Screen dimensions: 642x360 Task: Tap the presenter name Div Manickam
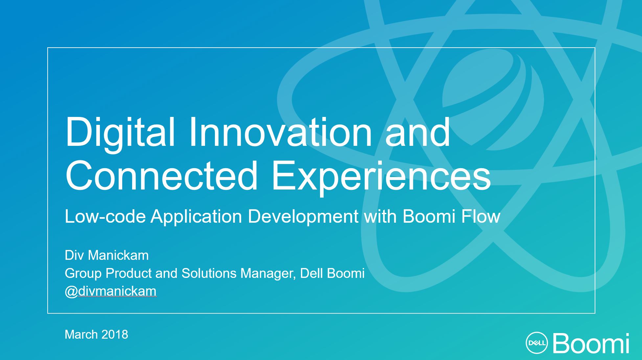click(x=107, y=255)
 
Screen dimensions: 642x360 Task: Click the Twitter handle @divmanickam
click(x=111, y=291)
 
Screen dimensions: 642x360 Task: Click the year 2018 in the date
click(x=115, y=334)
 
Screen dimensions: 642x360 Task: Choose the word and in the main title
click(x=418, y=131)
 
